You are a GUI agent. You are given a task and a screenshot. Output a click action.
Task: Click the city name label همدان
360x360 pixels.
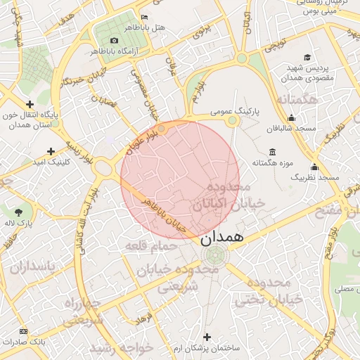click(224, 237)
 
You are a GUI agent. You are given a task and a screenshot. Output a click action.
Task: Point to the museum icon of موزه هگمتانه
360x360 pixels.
click(272, 153)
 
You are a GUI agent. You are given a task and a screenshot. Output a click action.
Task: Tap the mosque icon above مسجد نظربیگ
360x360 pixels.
click(314, 167)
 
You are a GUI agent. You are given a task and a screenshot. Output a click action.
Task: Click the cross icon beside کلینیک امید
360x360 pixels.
click(51, 151)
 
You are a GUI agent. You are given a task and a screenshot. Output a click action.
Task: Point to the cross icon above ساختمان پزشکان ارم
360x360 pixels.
click(206, 337)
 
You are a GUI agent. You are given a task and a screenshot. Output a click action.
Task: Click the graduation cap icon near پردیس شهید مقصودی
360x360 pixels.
click(307, 58)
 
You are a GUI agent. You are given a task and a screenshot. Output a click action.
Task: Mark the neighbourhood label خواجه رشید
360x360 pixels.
click(112, 349)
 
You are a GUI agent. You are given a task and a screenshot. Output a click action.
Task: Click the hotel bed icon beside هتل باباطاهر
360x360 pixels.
click(145, 16)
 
